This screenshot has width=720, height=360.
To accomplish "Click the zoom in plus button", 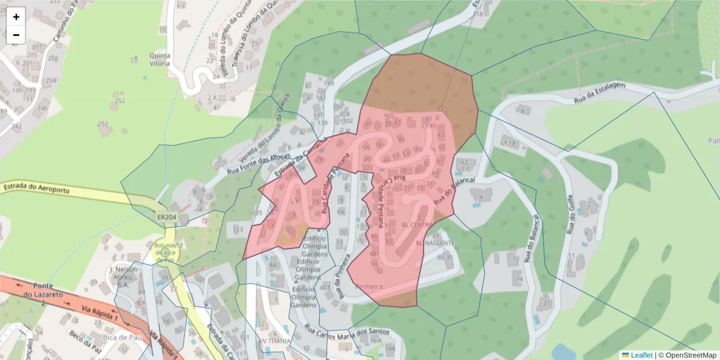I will tap(16, 17).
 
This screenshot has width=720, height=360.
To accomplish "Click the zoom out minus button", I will tap(16, 35).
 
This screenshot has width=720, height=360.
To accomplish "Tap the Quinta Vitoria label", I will tap(160, 59).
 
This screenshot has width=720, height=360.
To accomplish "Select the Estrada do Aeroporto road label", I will tap(37, 188).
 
